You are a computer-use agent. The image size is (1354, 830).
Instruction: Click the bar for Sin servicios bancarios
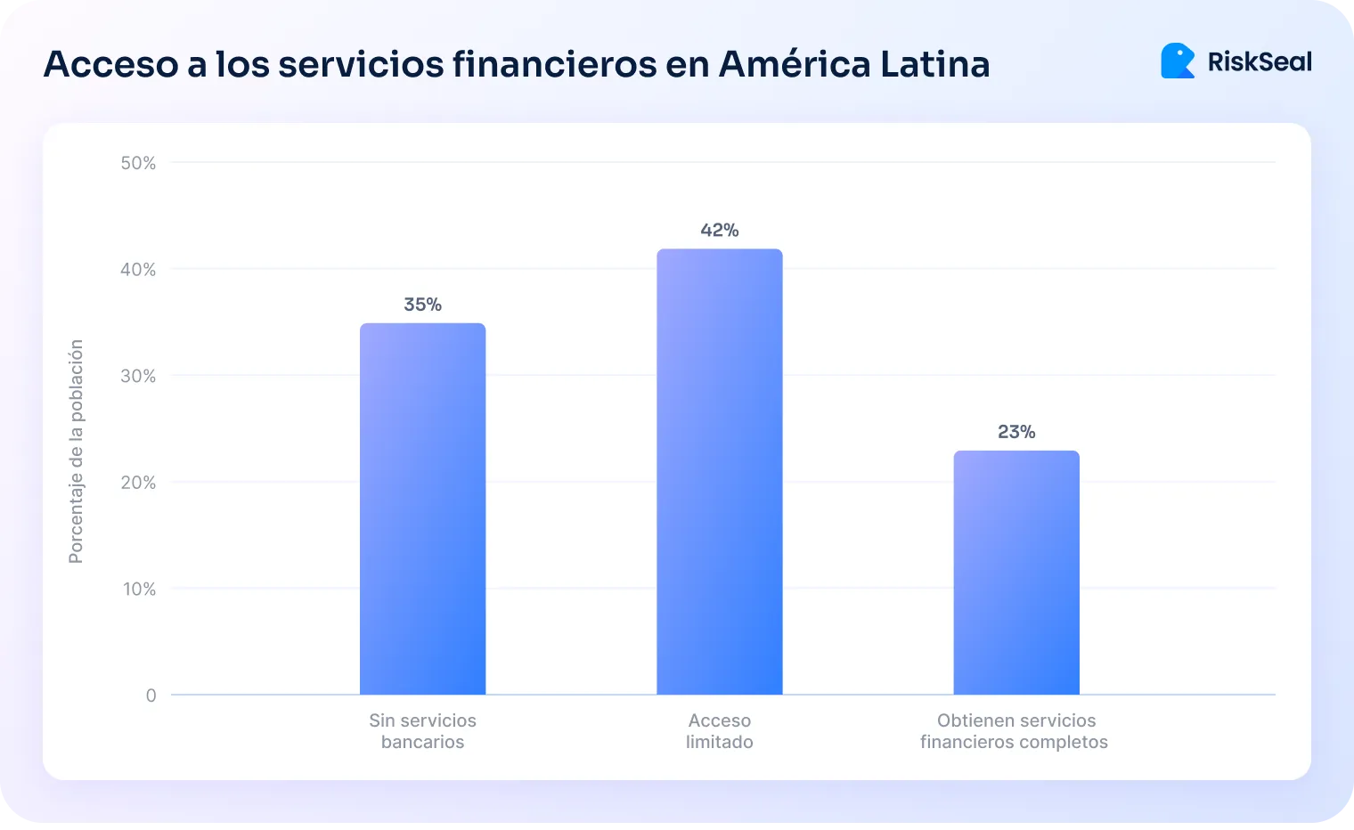422,509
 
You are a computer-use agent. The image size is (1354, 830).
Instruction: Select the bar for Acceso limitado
719,472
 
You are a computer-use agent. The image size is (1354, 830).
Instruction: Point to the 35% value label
422,305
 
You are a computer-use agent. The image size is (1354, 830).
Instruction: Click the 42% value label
719,231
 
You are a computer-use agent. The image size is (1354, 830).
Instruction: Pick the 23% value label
1016,432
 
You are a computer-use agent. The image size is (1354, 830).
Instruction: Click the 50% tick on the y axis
138,163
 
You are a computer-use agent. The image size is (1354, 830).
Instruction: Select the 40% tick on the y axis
138,269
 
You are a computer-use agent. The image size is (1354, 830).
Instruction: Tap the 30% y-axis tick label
138,376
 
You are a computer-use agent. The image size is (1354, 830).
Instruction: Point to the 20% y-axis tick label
138,483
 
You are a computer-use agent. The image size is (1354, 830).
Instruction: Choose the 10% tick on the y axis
139,589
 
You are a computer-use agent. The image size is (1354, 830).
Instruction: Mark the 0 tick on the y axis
151,696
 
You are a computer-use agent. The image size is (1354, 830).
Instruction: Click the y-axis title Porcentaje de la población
76,452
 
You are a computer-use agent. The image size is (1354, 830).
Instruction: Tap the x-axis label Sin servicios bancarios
422,731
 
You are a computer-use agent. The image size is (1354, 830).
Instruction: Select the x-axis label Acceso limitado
719,731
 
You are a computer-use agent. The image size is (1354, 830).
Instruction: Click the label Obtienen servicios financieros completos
1015,731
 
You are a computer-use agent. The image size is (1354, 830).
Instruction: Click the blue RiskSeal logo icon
1178,61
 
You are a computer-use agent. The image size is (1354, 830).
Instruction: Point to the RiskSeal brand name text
1260,61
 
